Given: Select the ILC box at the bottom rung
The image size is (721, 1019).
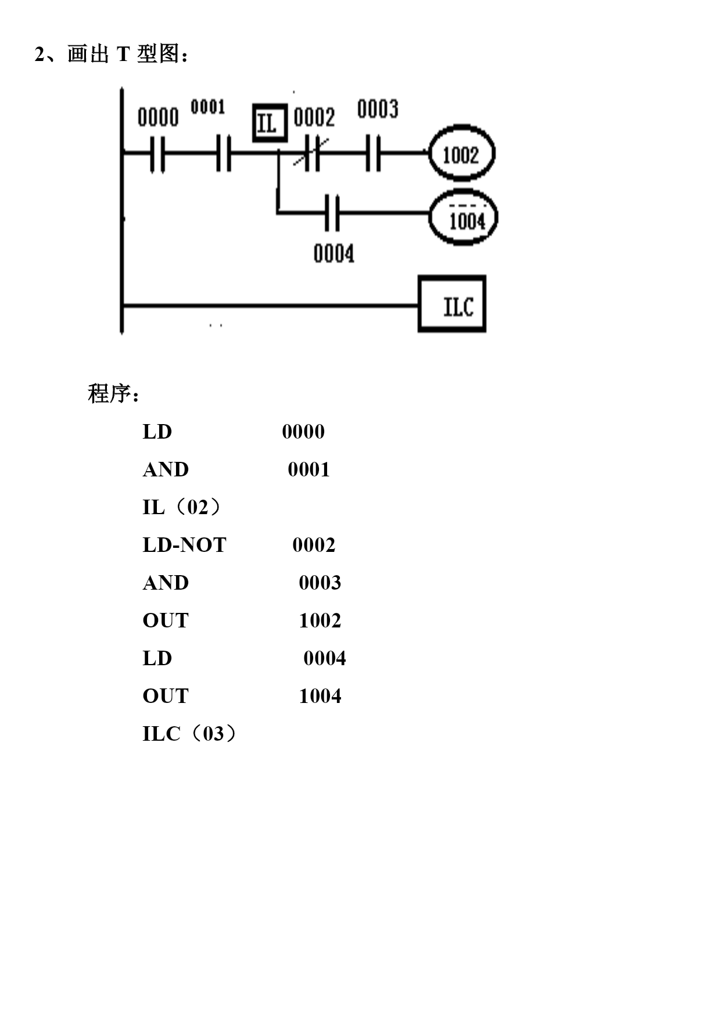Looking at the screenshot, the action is (452, 304).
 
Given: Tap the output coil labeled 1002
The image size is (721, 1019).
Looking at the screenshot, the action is (461, 153).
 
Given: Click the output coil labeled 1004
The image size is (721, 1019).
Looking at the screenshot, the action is (463, 217).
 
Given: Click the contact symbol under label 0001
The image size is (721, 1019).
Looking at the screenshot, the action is (224, 153).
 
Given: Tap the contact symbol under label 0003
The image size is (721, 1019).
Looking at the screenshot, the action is (374, 153).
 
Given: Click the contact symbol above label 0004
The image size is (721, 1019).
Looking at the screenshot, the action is (332, 213).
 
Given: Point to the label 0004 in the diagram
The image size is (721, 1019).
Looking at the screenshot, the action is (333, 254).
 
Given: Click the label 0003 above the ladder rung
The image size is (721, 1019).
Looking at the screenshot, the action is (378, 109).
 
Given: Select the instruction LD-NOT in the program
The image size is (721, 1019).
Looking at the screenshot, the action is (184, 545).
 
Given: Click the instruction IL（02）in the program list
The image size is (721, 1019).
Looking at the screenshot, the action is (182, 507).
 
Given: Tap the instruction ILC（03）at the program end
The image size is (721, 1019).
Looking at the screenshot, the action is (190, 734).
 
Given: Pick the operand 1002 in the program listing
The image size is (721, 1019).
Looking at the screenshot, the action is (320, 620).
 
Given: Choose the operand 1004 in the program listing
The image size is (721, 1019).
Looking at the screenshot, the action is (320, 696).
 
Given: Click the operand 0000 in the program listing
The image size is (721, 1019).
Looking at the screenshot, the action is (303, 432).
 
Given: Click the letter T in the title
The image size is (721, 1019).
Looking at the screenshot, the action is (123, 54).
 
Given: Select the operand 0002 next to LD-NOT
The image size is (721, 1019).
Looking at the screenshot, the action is (314, 545).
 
